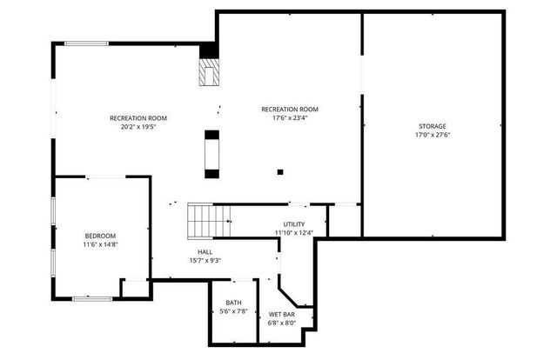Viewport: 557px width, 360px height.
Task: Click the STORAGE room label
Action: [x=433, y=126]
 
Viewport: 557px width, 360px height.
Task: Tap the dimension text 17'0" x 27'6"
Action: [x=433, y=135]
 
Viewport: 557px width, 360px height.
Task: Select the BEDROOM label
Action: [x=100, y=236]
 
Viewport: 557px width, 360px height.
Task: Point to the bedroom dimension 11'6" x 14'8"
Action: [x=100, y=244]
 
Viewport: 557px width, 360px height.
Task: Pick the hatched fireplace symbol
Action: [x=209, y=73]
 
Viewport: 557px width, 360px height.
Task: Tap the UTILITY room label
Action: [x=294, y=224]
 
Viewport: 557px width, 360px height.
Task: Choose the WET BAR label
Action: [x=281, y=314]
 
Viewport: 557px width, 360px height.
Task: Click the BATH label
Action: [x=234, y=303]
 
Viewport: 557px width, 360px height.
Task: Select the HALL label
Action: [x=204, y=251]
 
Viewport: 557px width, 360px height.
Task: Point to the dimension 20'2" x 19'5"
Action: [x=138, y=127]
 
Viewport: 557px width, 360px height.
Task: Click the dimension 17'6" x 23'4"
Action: [x=290, y=118]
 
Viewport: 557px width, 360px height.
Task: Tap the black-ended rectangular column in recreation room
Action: [x=211, y=154]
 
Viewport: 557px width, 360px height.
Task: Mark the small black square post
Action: [x=280, y=171]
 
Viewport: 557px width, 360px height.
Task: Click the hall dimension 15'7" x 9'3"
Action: [x=204, y=260]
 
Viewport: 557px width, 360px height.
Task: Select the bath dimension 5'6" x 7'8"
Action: [x=234, y=311]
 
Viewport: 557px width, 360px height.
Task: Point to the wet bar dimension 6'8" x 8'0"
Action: [x=281, y=323]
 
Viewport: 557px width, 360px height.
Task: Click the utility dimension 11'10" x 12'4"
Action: [x=294, y=233]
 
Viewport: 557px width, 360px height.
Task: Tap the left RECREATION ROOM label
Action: [x=138, y=118]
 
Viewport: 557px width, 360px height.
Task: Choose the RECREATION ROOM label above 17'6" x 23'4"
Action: [x=290, y=110]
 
